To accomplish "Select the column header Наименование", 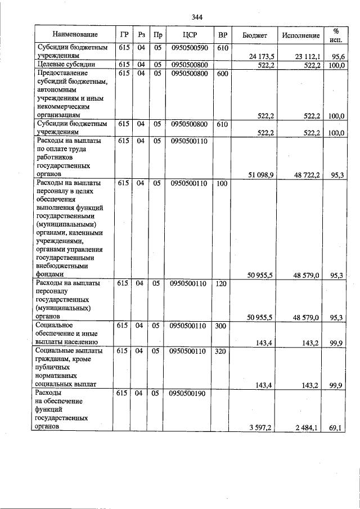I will click(72, 35).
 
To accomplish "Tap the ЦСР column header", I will click(189, 35).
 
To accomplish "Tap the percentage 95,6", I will click(337, 56).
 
